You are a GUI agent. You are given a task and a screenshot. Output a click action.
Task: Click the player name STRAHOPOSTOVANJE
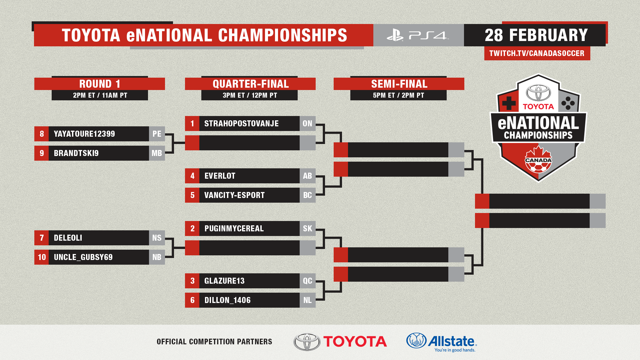[x=241, y=124]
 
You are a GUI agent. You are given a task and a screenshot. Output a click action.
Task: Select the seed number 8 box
[x=41, y=134]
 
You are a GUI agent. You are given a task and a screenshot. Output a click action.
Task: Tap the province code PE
[x=157, y=134]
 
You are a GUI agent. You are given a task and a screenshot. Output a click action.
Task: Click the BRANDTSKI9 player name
[x=76, y=153]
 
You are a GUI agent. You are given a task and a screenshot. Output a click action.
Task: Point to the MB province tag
[x=157, y=153]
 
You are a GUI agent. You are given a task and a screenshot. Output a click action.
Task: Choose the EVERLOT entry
[x=220, y=176]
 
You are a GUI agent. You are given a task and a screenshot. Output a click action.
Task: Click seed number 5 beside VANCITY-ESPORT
[x=192, y=195]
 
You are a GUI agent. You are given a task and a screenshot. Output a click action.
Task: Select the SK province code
[x=308, y=228]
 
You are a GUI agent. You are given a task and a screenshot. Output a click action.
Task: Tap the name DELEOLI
[x=68, y=238]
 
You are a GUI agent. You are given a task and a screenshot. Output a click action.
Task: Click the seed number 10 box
[x=41, y=257]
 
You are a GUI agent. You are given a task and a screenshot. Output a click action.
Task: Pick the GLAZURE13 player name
[x=224, y=281]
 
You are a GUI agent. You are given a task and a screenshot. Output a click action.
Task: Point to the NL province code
[x=308, y=300]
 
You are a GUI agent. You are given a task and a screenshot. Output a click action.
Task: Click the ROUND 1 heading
[x=100, y=84]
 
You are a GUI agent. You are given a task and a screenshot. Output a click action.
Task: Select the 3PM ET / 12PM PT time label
[x=250, y=95]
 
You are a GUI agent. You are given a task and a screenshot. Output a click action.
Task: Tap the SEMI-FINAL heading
[x=399, y=84]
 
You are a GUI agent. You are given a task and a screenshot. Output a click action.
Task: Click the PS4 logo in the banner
[x=417, y=35]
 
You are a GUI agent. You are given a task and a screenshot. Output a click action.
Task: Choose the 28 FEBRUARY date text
[x=536, y=35]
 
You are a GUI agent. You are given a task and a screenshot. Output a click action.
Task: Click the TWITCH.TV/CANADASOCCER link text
[x=537, y=53]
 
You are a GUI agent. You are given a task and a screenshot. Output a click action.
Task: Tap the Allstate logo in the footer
[x=442, y=342]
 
